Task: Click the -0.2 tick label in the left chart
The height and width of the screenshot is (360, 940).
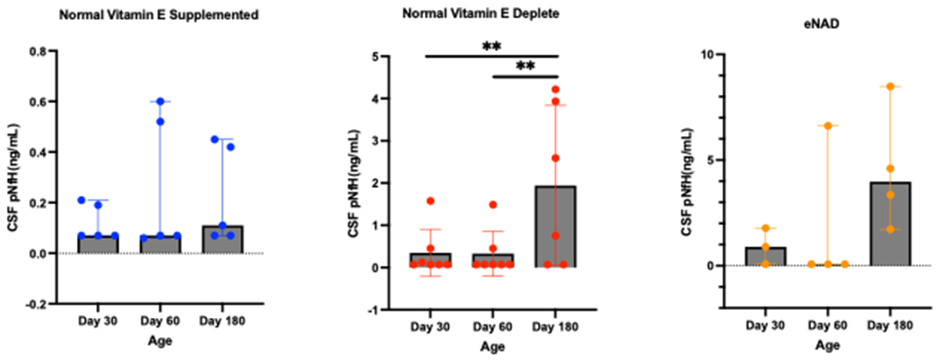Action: tap(40, 304)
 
